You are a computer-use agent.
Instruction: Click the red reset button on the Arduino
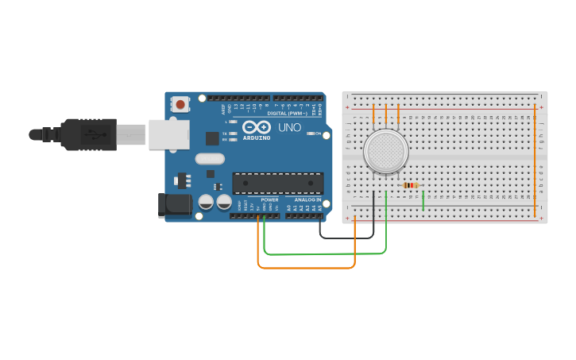tap(181, 104)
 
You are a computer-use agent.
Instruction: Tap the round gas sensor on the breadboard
tap(386, 150)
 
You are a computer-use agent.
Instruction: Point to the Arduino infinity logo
tap(256, 126)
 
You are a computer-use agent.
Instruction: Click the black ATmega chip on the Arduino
tap(277, 183)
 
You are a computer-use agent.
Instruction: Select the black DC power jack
tap(175, 204)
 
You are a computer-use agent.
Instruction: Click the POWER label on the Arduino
tap(269, 199)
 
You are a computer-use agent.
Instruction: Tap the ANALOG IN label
tap(307, 199)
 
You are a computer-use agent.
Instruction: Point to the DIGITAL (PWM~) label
tap(288, 113)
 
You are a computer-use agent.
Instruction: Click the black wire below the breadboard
tap(346, 237)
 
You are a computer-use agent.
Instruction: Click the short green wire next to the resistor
tap(423, 200)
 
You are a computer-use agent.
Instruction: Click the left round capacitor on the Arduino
tap(206, 202)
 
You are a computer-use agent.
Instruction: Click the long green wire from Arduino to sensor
tap(326, 254)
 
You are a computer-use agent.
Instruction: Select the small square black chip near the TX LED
tap(212, 137)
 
